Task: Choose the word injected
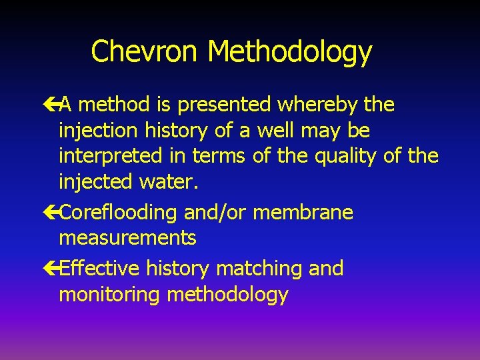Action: click(97, 181)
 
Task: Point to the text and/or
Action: click(215, 213)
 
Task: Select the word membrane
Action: click(303, 213)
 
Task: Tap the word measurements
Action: click(127, 238)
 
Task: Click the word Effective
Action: click(99, 269)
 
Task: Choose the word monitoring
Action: click(110, 295)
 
